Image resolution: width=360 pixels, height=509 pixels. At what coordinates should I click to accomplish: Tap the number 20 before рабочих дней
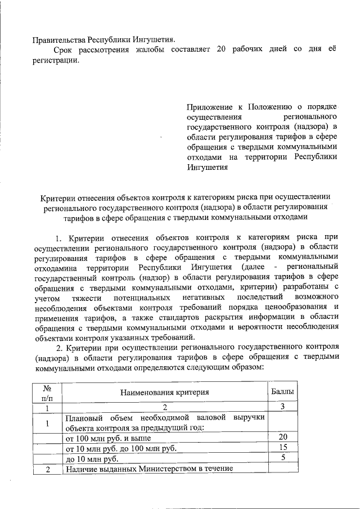click(221, 50)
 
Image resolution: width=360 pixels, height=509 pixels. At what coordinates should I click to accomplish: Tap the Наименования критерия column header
click(164, 393)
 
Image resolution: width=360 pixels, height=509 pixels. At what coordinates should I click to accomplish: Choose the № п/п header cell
click(47, 393)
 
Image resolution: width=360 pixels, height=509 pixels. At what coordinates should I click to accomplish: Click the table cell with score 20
click(283, 438)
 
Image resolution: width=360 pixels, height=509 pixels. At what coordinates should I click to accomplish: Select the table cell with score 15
click(283, 448)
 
